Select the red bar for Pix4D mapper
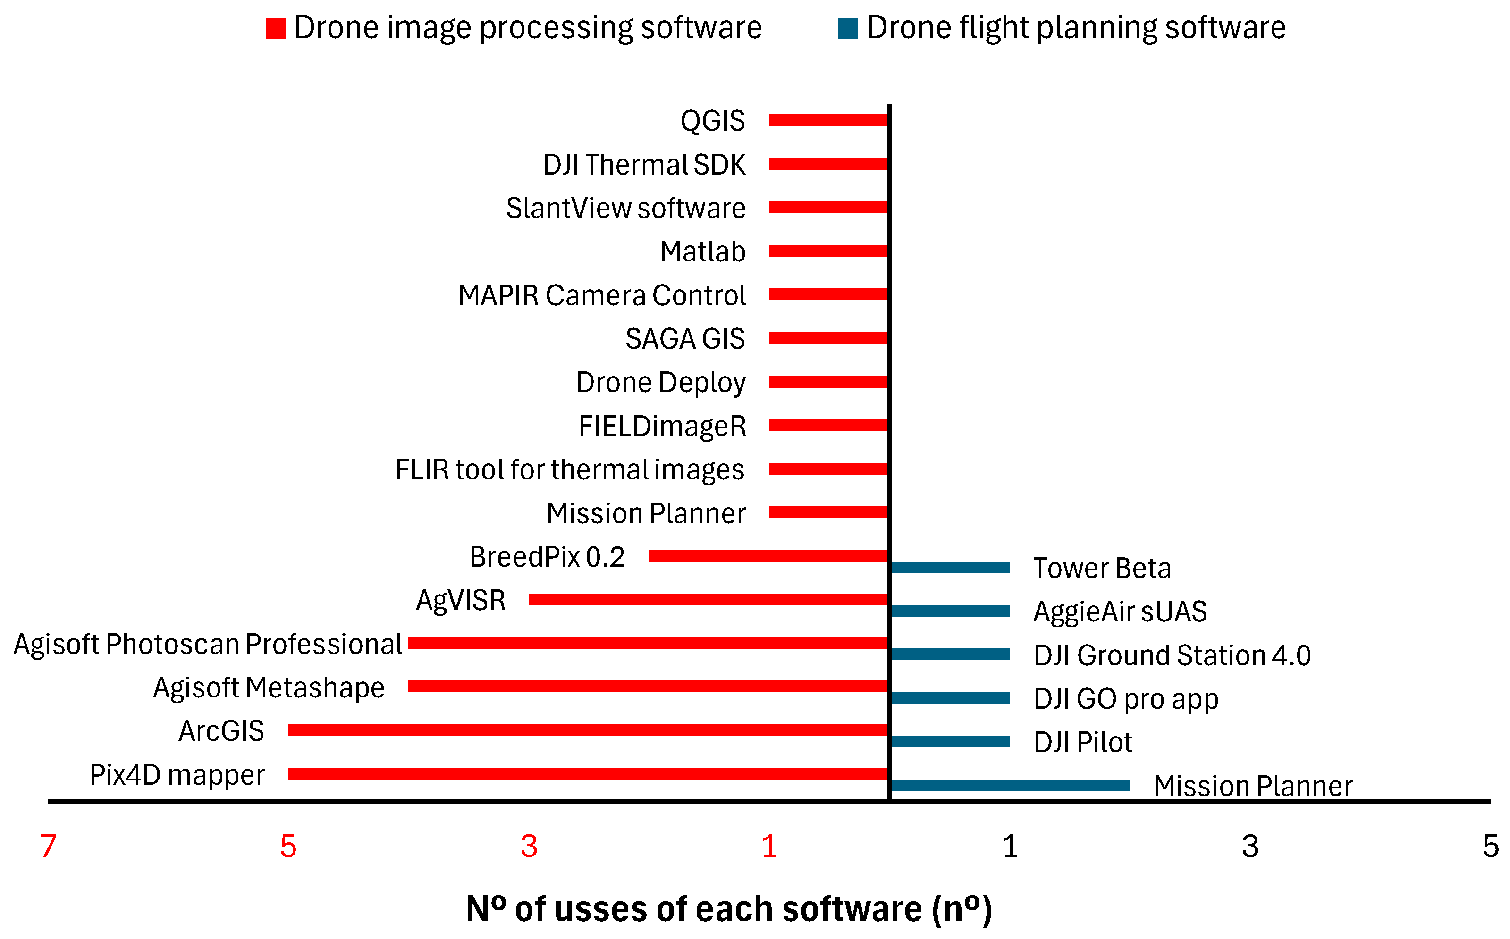[x=588, y=774]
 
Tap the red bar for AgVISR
[x=708, y=599]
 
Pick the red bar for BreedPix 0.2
[x=768, y=556]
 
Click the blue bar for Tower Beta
[x=950, y=568]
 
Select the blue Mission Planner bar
[x=1011, y=786]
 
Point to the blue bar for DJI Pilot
[x=950, y=741]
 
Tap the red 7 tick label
[x=49, y=846]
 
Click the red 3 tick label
[x=529, y=846]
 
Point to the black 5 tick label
[x=1490, y=846]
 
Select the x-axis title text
[x=729, y=909]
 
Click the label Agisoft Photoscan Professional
[x=208, y=644]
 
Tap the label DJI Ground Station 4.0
[x=1172, y=655]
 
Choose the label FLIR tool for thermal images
[x=570, y=469]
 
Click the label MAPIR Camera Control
[x=601, y=295]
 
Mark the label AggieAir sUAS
[x=1120, y=612]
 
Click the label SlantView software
[x=625, y=208]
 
